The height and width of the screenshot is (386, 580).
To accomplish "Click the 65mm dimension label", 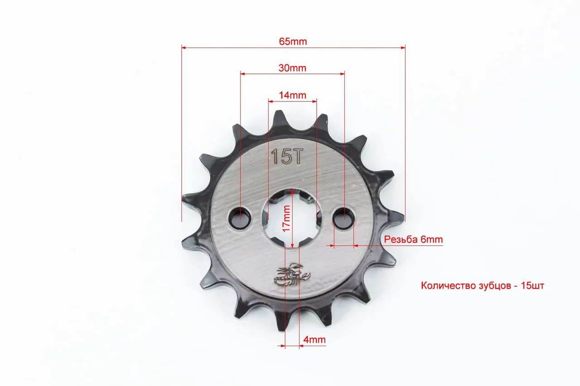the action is coord(293,41).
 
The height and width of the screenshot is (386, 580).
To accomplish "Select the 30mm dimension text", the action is coord(292,68).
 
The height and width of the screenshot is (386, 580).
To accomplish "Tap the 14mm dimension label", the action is coord(292,95).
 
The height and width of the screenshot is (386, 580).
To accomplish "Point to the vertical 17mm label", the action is coord(286,219).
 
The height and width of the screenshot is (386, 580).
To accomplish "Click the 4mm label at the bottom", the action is coord(314,340).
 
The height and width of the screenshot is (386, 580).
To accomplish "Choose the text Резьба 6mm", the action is coord(413,239).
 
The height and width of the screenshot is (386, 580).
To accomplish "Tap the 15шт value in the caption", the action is coord(532,286).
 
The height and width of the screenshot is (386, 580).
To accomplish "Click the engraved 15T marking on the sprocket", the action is coord(287,156).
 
